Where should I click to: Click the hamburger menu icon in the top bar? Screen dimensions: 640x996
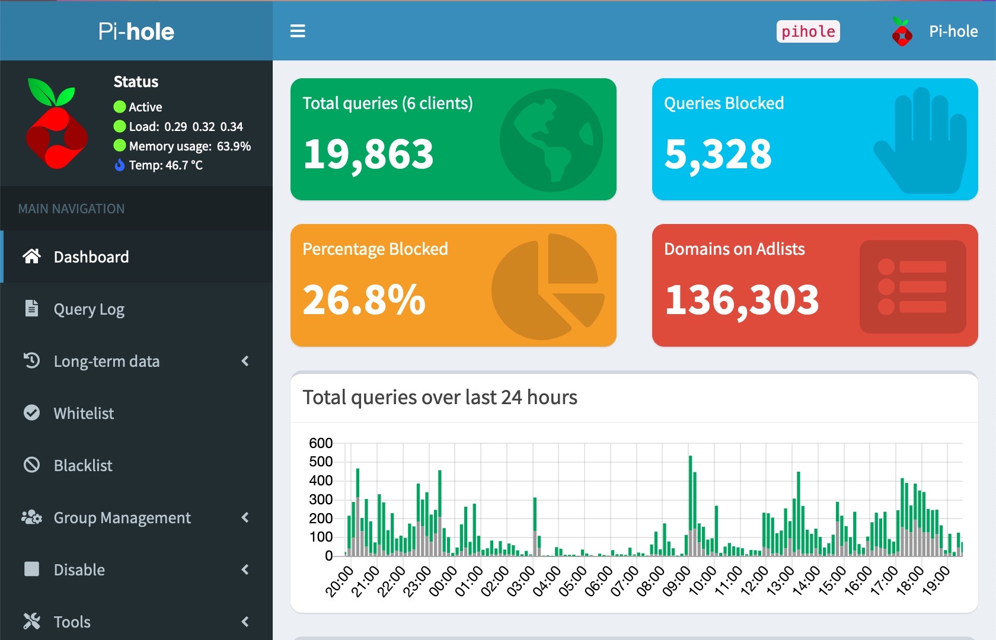(298, 31)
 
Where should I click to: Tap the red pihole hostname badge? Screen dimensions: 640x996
(807, 31)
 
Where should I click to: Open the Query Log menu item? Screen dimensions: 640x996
(89, 309)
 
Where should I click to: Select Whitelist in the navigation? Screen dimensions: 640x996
(84, 414)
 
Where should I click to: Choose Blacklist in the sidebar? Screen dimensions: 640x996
(83, 466)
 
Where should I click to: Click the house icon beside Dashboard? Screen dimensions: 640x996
(31, 256)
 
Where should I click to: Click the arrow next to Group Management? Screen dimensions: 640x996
(245, 517)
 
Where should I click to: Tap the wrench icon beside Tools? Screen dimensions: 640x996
(31, 621)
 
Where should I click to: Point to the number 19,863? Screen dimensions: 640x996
(368, 154)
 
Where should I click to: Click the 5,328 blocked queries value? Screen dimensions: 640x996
(718, 154)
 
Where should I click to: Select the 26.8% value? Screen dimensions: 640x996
(364, 300)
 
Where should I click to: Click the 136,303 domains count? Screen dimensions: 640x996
(742, 300)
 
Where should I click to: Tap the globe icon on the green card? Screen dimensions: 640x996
(551, 140)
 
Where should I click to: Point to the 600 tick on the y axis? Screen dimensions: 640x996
(321, 443)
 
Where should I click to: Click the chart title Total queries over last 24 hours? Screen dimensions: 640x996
(439, 397)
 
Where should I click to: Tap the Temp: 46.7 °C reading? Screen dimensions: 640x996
(165, 165)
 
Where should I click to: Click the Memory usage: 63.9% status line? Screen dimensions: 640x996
(190, 146)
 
